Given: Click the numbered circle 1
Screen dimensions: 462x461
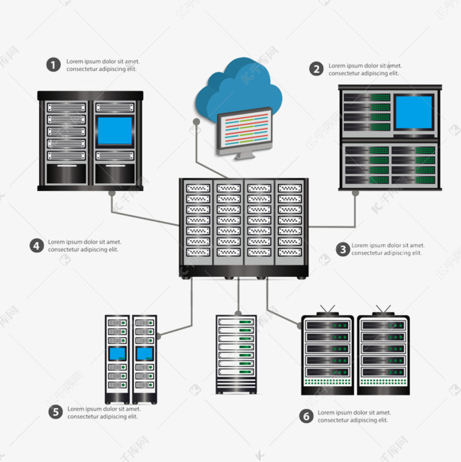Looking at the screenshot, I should (53, 65).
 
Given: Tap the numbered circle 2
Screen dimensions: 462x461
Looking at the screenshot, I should (316, 69).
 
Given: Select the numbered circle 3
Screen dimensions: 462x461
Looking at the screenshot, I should (343, 249).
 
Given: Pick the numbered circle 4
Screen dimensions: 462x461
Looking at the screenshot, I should (37, 246).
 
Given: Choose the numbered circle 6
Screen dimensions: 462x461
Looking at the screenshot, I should (306, 417).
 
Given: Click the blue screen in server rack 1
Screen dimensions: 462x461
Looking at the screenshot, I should (114, 131).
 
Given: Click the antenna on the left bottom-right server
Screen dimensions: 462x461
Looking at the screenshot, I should (327, 310).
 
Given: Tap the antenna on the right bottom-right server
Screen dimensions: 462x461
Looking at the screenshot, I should (384, 310).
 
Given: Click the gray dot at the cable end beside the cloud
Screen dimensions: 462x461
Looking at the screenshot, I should (196, 121).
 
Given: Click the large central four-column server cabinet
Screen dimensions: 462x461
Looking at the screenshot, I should (245, 226).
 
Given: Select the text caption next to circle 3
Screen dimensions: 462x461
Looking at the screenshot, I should (387, 249).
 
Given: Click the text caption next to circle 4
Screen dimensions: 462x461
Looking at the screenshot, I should (84, 246).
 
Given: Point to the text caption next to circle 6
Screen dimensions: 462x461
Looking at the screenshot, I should (353, 417).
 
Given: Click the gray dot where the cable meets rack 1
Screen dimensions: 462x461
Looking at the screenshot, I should (111, 192).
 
